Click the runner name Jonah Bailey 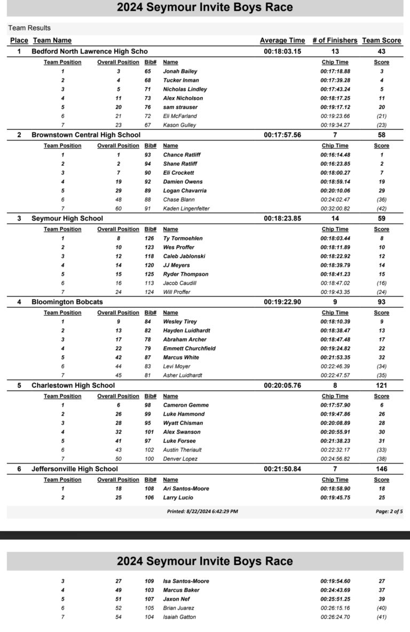point(180,71)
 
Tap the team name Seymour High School point(67,219)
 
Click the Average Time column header point(282,40)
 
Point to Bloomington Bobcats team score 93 point(381,302)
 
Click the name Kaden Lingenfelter point(186,208)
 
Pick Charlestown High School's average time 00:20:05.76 point(282,385)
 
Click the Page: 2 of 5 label point(389,511)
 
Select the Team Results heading point(29,28)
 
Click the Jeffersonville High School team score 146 point(381,469)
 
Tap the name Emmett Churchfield point(190,348)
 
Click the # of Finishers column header point(334,40)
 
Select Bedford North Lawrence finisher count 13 point(335,51)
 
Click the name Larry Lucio point(178,497)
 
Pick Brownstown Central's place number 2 point(19,135)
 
